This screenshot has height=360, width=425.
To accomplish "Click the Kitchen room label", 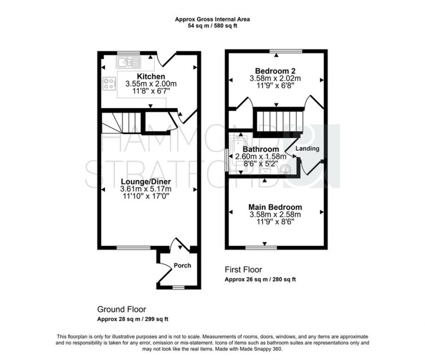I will click(150, 77).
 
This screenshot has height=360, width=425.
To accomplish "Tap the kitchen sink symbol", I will click(128, 62).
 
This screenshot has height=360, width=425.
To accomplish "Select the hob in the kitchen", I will click(109, 84).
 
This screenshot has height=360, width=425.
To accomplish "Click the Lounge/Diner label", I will click(146, 182).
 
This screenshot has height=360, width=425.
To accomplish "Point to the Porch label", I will click(182, 265).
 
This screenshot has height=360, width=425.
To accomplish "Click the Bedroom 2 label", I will click(275, 71).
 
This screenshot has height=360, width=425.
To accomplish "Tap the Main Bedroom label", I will click(275, 207).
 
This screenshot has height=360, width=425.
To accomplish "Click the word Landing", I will click(307, 149).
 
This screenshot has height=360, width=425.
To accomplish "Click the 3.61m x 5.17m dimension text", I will click(146, 189).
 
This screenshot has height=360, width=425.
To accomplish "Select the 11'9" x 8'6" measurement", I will click(275, 222).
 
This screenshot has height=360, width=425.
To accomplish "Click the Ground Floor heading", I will click(121, 309).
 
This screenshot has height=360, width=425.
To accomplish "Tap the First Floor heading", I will click(243, 269).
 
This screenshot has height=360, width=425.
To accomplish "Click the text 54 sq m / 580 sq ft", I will click(212, 26).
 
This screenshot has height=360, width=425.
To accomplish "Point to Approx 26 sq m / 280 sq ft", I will click(260, 279).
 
